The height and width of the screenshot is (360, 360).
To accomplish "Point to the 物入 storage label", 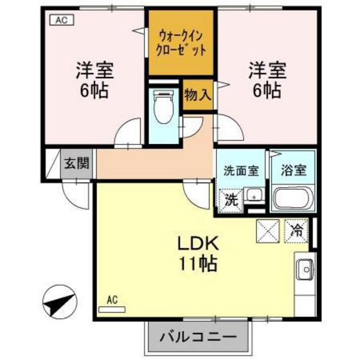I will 196,94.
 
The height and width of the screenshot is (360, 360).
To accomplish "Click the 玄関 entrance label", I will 76,162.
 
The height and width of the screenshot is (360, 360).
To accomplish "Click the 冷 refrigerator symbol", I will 298,229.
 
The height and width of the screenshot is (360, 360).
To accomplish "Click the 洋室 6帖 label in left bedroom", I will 93,78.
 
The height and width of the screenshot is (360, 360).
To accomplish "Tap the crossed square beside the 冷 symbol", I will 268,230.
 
